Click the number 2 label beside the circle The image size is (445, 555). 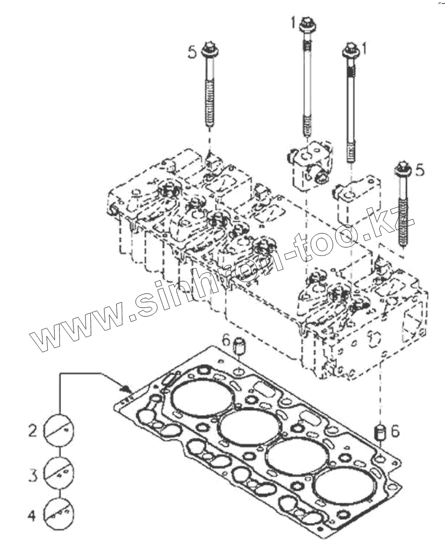(x=32, y=430)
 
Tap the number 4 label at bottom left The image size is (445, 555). (x=32, y=516)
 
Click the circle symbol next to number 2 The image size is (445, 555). (x=59, y=430)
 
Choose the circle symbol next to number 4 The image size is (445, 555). (x=59, y=514)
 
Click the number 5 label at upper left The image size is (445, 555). (x=192, y=52)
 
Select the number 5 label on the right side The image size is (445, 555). (x=419, y=170)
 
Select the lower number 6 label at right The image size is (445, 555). (x=395, y=431)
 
